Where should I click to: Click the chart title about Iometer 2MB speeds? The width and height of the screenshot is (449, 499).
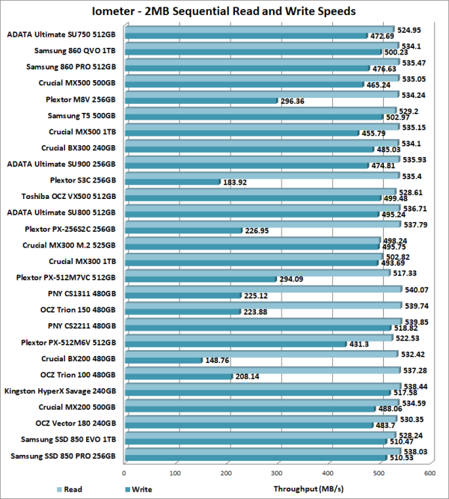224,11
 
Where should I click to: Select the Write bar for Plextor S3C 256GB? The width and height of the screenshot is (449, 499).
172,181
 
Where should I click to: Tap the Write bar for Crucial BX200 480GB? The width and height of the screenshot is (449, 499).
163,360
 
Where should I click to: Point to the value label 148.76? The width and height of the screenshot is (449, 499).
222,360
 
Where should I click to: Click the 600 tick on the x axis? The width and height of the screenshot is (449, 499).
430,473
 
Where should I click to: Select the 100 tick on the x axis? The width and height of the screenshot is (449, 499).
176,473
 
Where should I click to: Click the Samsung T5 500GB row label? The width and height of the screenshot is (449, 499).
82,115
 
